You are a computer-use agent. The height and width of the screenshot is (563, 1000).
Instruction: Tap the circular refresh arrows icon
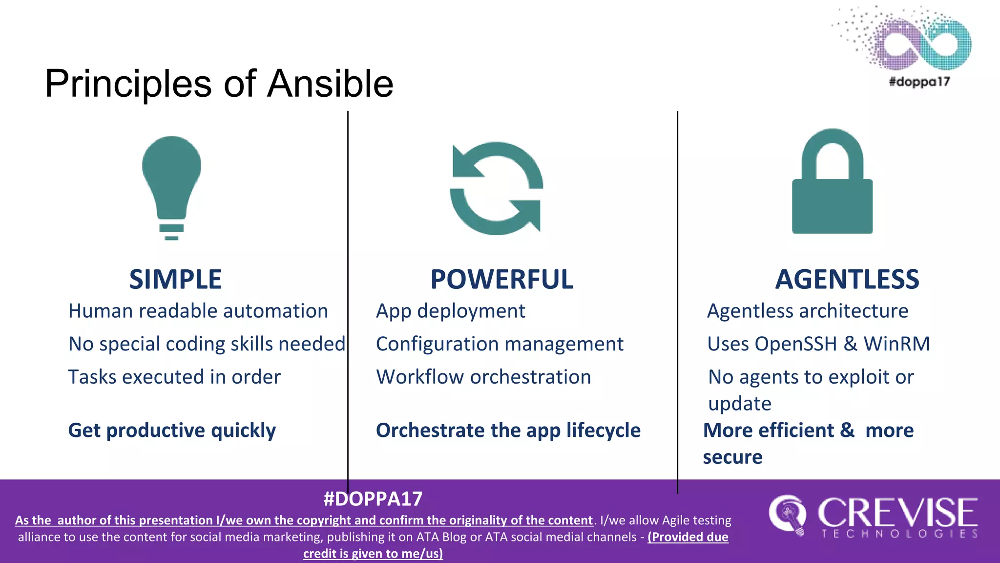coord(496,188)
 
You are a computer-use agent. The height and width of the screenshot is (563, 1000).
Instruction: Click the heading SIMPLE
coord(175,280)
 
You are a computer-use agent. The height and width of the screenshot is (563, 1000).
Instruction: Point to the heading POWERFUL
coord(501,280)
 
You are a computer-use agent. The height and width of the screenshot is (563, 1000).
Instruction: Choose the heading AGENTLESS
coord(847,280)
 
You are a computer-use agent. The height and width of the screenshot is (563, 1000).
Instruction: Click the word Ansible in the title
coord(330,84)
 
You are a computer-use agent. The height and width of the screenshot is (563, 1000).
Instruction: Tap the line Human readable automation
coord(198,311)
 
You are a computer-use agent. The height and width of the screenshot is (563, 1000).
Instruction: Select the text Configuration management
coord(500,344)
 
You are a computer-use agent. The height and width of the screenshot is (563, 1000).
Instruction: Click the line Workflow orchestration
coord(483,377)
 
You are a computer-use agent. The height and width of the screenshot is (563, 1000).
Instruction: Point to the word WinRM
coord(896,344)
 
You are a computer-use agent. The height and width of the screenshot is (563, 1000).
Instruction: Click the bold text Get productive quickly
coord(172,431)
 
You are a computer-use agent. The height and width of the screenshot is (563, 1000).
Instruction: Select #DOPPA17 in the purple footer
coord(373,499)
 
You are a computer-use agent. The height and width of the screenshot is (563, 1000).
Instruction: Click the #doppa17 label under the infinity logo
coord(919,82)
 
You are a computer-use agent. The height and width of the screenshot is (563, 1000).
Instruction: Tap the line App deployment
coord(450,311)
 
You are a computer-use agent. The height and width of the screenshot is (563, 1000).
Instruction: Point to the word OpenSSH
coord(795,344)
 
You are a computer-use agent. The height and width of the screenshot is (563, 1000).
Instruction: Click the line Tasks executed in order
coord(174,377)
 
